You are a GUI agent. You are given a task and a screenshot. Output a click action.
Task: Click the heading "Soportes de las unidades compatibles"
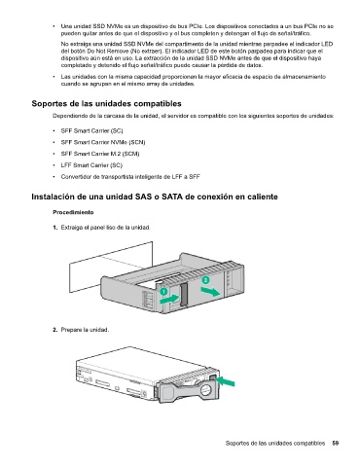pos(106,104)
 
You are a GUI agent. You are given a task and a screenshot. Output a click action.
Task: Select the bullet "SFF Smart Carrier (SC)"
pos(91,131)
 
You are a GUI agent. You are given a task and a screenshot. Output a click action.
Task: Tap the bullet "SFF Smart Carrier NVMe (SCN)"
pos(103,142)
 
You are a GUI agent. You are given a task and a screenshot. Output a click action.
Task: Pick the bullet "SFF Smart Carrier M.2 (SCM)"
pos(100,154)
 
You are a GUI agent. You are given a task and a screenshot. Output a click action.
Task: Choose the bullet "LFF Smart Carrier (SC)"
pos(91,165)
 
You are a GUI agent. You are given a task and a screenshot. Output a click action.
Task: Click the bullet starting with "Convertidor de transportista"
pos(130,177)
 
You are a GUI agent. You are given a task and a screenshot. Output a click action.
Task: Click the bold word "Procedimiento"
pos(73,212)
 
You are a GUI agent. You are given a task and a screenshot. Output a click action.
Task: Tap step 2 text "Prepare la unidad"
pos(85,330)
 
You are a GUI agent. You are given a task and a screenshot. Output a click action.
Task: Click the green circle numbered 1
pos(164,291)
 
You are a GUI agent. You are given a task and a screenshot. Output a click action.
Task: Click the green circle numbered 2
pos(205,280)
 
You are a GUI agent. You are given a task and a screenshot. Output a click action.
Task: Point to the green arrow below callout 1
pos(169,300)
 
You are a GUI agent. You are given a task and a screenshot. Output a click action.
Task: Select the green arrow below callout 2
pos(211,292)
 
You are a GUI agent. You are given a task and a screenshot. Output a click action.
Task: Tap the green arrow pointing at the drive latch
pos(226,381)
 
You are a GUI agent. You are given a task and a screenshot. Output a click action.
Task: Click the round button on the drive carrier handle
pos(206,391)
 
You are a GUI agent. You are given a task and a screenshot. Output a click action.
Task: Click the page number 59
pos(336,443)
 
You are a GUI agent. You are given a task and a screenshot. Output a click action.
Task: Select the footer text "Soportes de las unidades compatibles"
pos(275,443)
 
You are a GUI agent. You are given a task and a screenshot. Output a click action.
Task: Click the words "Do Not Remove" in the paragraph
pos(106,52)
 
